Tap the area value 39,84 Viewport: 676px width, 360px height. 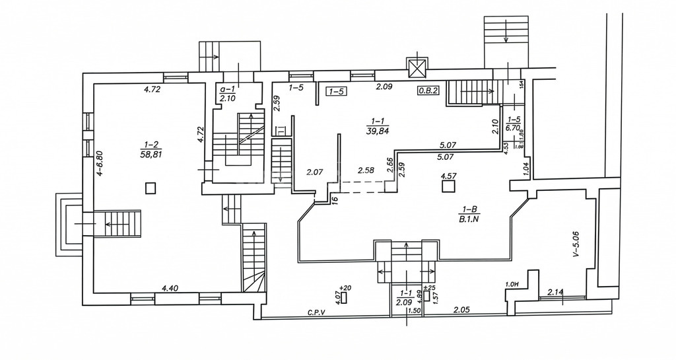(x=378, y=129)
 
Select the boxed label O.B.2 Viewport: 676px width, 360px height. (x=428, y=91)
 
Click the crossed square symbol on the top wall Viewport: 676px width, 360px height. (x=417, y=67)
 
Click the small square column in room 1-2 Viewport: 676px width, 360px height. (x=151, y=188)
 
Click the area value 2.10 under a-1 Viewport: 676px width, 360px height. (x=228, y=98)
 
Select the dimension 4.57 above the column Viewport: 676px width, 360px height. (x=449, y=176)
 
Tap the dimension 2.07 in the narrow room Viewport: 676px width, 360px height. (x=314, y=172)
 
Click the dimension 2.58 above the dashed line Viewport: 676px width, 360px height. (x=366, y=170)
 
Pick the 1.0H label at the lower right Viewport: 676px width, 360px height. (x=510, y=285)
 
